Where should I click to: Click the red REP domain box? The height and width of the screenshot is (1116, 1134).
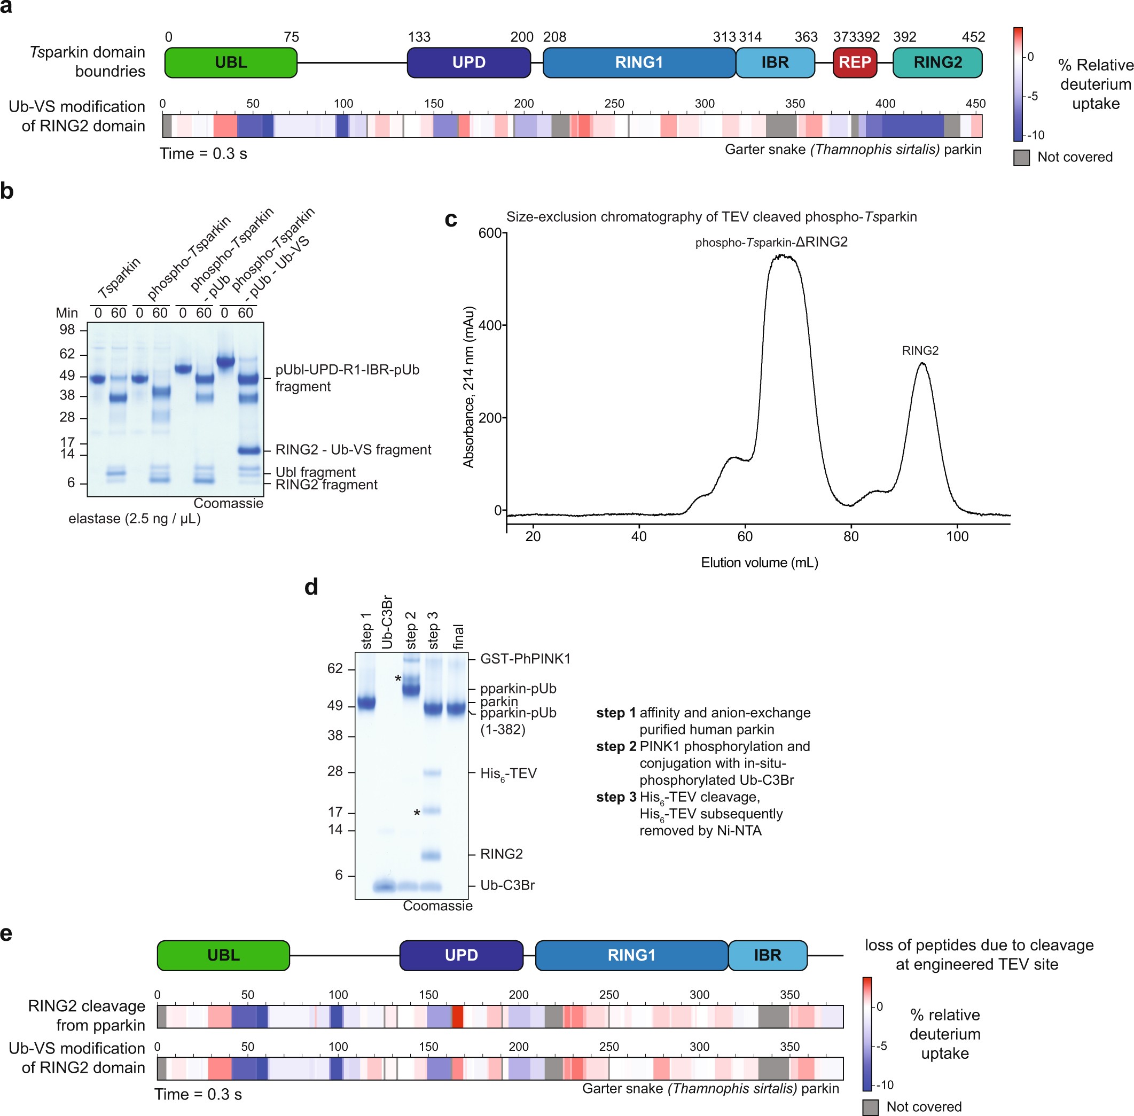(855, 62)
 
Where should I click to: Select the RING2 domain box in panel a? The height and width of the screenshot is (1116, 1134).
(937, 62)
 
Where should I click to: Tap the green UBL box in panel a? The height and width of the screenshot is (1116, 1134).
(230, 62)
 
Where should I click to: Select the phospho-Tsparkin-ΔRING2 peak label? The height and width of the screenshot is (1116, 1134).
(771, 242)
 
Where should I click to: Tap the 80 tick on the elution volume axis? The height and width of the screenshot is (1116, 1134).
(850, 536)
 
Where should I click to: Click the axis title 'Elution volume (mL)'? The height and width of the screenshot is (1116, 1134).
(759, 563)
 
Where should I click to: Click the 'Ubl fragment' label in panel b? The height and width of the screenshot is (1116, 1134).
(315, 472)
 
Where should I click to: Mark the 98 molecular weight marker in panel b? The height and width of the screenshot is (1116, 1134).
(67, 330)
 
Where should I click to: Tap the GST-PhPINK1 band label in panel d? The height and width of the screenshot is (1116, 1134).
(525, 659)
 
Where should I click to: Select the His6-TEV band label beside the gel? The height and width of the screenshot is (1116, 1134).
(508, 774)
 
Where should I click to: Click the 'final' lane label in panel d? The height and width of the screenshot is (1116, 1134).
(458, 637)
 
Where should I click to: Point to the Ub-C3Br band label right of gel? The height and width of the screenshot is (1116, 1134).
(507, 885)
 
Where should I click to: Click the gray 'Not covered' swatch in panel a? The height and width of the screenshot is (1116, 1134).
(1021, 157)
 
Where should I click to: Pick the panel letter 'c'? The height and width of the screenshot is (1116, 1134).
(451, 219)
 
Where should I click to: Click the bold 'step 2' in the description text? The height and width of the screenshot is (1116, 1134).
(615, 746)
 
